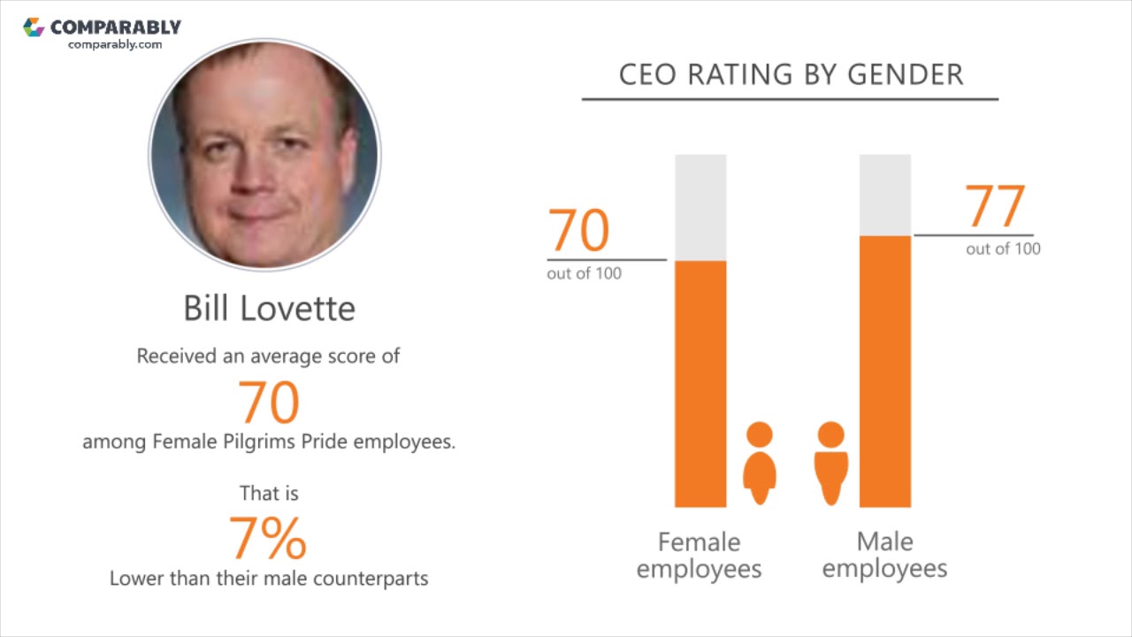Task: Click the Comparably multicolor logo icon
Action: [x=34, y=27]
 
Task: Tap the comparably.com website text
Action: [x=115, y=44]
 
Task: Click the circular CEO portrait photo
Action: [x=264, y=155]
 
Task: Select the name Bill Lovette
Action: [x=270, y=309]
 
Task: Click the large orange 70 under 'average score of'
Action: [x=269, y=403]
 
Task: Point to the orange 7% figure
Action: [x=268, y=539]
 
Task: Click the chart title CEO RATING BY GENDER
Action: [x=791, y=75]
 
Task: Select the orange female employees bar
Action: [x=700, y=384]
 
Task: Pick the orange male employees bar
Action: [x=885, y=372]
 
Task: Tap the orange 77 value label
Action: [x=995, y=206]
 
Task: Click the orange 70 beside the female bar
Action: [x=578, y=231]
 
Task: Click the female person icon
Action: [x=760, y=463]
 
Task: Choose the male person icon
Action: [x=831, y=463]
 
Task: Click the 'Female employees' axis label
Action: [x=699, y=556]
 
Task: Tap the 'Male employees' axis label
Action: [x=885, y=555]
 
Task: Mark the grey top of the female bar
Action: [x=700, y=208]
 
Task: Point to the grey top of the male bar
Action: [x=885, y=196]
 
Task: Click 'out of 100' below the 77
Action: [x=1003, y=249]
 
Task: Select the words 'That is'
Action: [x=269, y=494]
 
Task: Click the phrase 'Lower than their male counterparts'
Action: [x=269, y=579]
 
